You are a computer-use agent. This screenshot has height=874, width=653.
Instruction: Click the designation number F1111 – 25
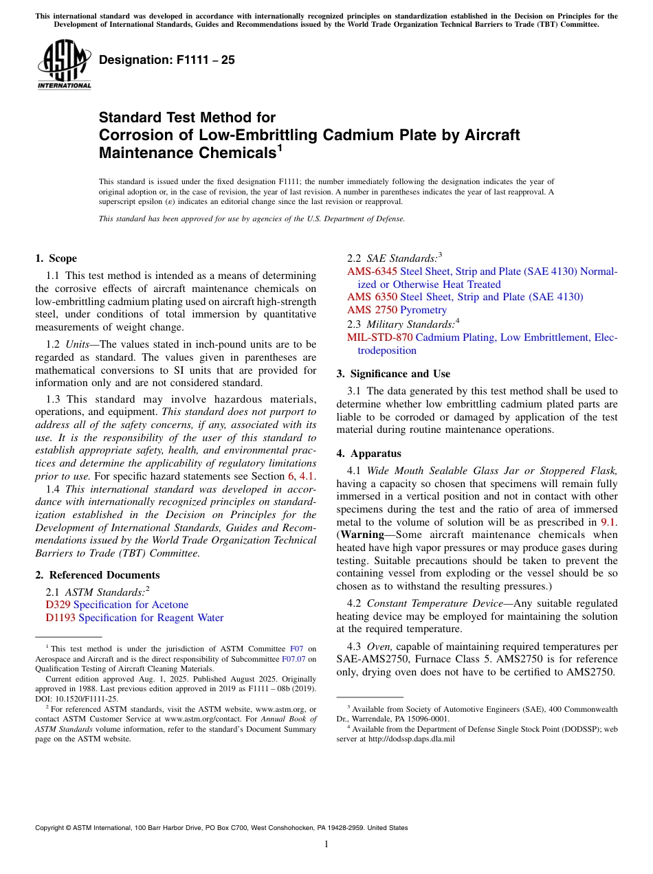point(166,60)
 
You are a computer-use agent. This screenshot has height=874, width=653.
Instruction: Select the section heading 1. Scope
point(56,258)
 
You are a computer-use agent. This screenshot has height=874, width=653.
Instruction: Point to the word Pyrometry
point(423,310)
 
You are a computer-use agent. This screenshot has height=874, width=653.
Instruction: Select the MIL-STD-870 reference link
point(379,337)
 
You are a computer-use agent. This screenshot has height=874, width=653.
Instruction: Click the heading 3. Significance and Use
point(393,374)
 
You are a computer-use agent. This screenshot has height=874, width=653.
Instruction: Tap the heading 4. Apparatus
point(368,453)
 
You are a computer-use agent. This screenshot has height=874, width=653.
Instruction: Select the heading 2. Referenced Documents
point(97,575)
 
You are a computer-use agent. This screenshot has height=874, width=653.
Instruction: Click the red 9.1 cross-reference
point(608,522)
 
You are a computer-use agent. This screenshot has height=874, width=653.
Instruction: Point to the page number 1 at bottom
point(326,844)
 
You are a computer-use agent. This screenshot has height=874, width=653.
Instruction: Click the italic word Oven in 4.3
point(379,647)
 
